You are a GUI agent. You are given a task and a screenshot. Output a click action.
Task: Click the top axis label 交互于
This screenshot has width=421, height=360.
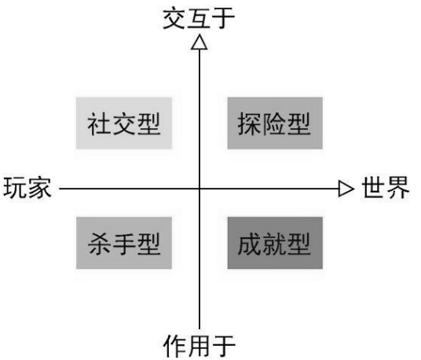tap(199, 18)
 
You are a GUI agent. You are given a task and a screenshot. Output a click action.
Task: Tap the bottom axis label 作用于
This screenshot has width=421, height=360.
tap(199, 346)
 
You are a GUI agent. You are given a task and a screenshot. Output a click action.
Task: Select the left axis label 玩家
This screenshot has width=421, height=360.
tap(27, 188)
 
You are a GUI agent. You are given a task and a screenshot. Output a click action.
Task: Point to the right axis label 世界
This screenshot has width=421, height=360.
tap(386, 188)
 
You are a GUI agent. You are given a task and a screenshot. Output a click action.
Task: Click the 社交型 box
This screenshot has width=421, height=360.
tap(124, 123)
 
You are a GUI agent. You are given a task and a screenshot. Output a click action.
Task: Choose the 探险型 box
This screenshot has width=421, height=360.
tap(275, 123)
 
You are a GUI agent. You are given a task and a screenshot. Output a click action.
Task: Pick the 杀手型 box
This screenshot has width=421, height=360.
tap(124, 243)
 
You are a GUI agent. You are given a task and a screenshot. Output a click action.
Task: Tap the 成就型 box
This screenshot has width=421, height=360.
tap(275, 243)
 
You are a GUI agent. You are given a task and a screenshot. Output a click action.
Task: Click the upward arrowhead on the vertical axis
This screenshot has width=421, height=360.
tap(200, 42)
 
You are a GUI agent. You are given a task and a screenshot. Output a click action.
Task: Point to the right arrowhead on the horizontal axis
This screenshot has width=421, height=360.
tap(346, 189)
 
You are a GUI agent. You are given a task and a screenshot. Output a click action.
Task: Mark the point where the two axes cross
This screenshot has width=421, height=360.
tap(200, 189)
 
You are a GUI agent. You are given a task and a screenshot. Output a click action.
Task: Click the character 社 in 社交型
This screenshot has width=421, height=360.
tap(99, 123)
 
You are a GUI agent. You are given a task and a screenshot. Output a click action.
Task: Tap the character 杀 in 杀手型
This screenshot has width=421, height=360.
tap(99, 244)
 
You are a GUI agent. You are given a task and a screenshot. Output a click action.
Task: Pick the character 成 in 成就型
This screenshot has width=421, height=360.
tap(249, 244)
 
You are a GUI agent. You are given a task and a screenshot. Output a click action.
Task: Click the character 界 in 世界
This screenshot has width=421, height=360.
tap(398, 188)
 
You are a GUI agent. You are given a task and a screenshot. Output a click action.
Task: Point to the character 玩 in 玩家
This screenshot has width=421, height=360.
tap(15, 188)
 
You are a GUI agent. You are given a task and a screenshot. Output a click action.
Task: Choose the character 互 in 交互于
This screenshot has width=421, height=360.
tap(199, 18)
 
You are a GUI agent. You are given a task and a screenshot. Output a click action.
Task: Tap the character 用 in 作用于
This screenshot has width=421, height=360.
tap(199, 346)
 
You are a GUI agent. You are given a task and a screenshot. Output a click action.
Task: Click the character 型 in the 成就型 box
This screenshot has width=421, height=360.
tap(299, 244)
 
